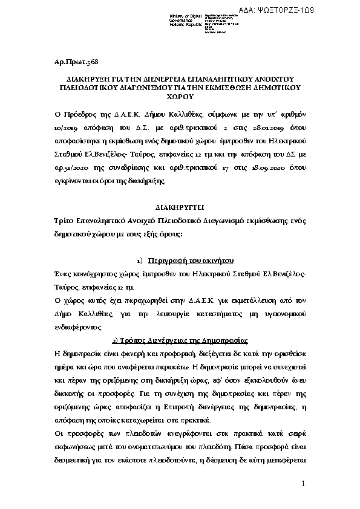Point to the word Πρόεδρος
pyautogui.click(x=79, y=112)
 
